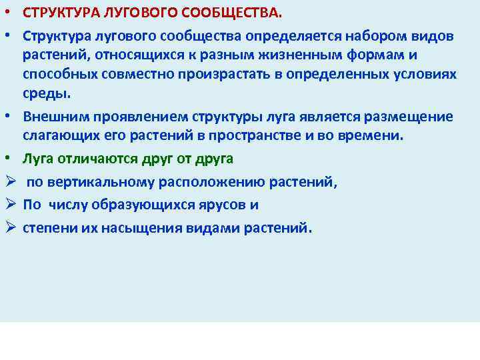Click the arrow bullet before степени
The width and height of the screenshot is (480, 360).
tap(9, 227)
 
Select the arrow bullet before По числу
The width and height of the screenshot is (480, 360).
tap(9, 205)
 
